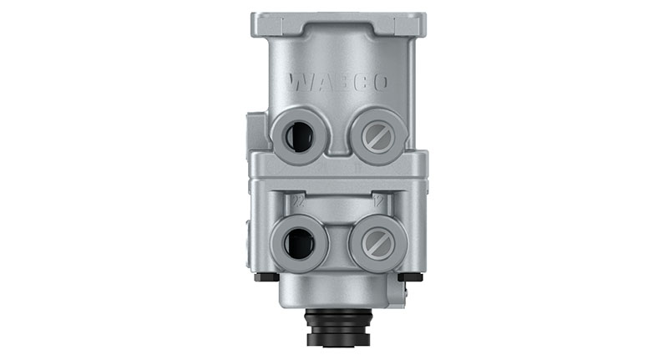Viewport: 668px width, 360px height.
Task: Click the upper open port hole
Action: pyautogui.click(x=298, y=134)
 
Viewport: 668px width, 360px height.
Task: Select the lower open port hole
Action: pyautogui.click(x=298, y=243)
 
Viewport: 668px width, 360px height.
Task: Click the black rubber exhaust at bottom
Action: pyautogui.click(x=340, y=330)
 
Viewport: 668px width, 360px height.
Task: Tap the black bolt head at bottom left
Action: pyautogui.click(x=266, y=277)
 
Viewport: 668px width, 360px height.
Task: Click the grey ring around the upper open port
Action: pyautogui.click(x=281, y=134)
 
